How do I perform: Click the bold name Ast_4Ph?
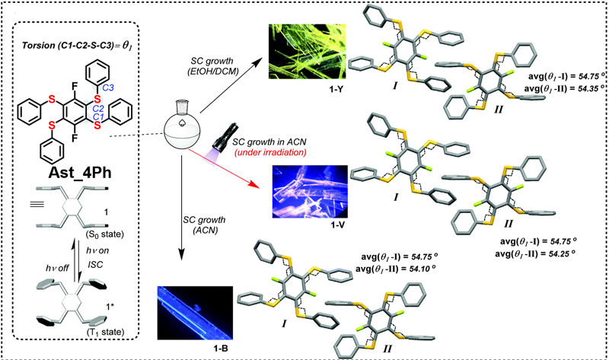tap(82, 164)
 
